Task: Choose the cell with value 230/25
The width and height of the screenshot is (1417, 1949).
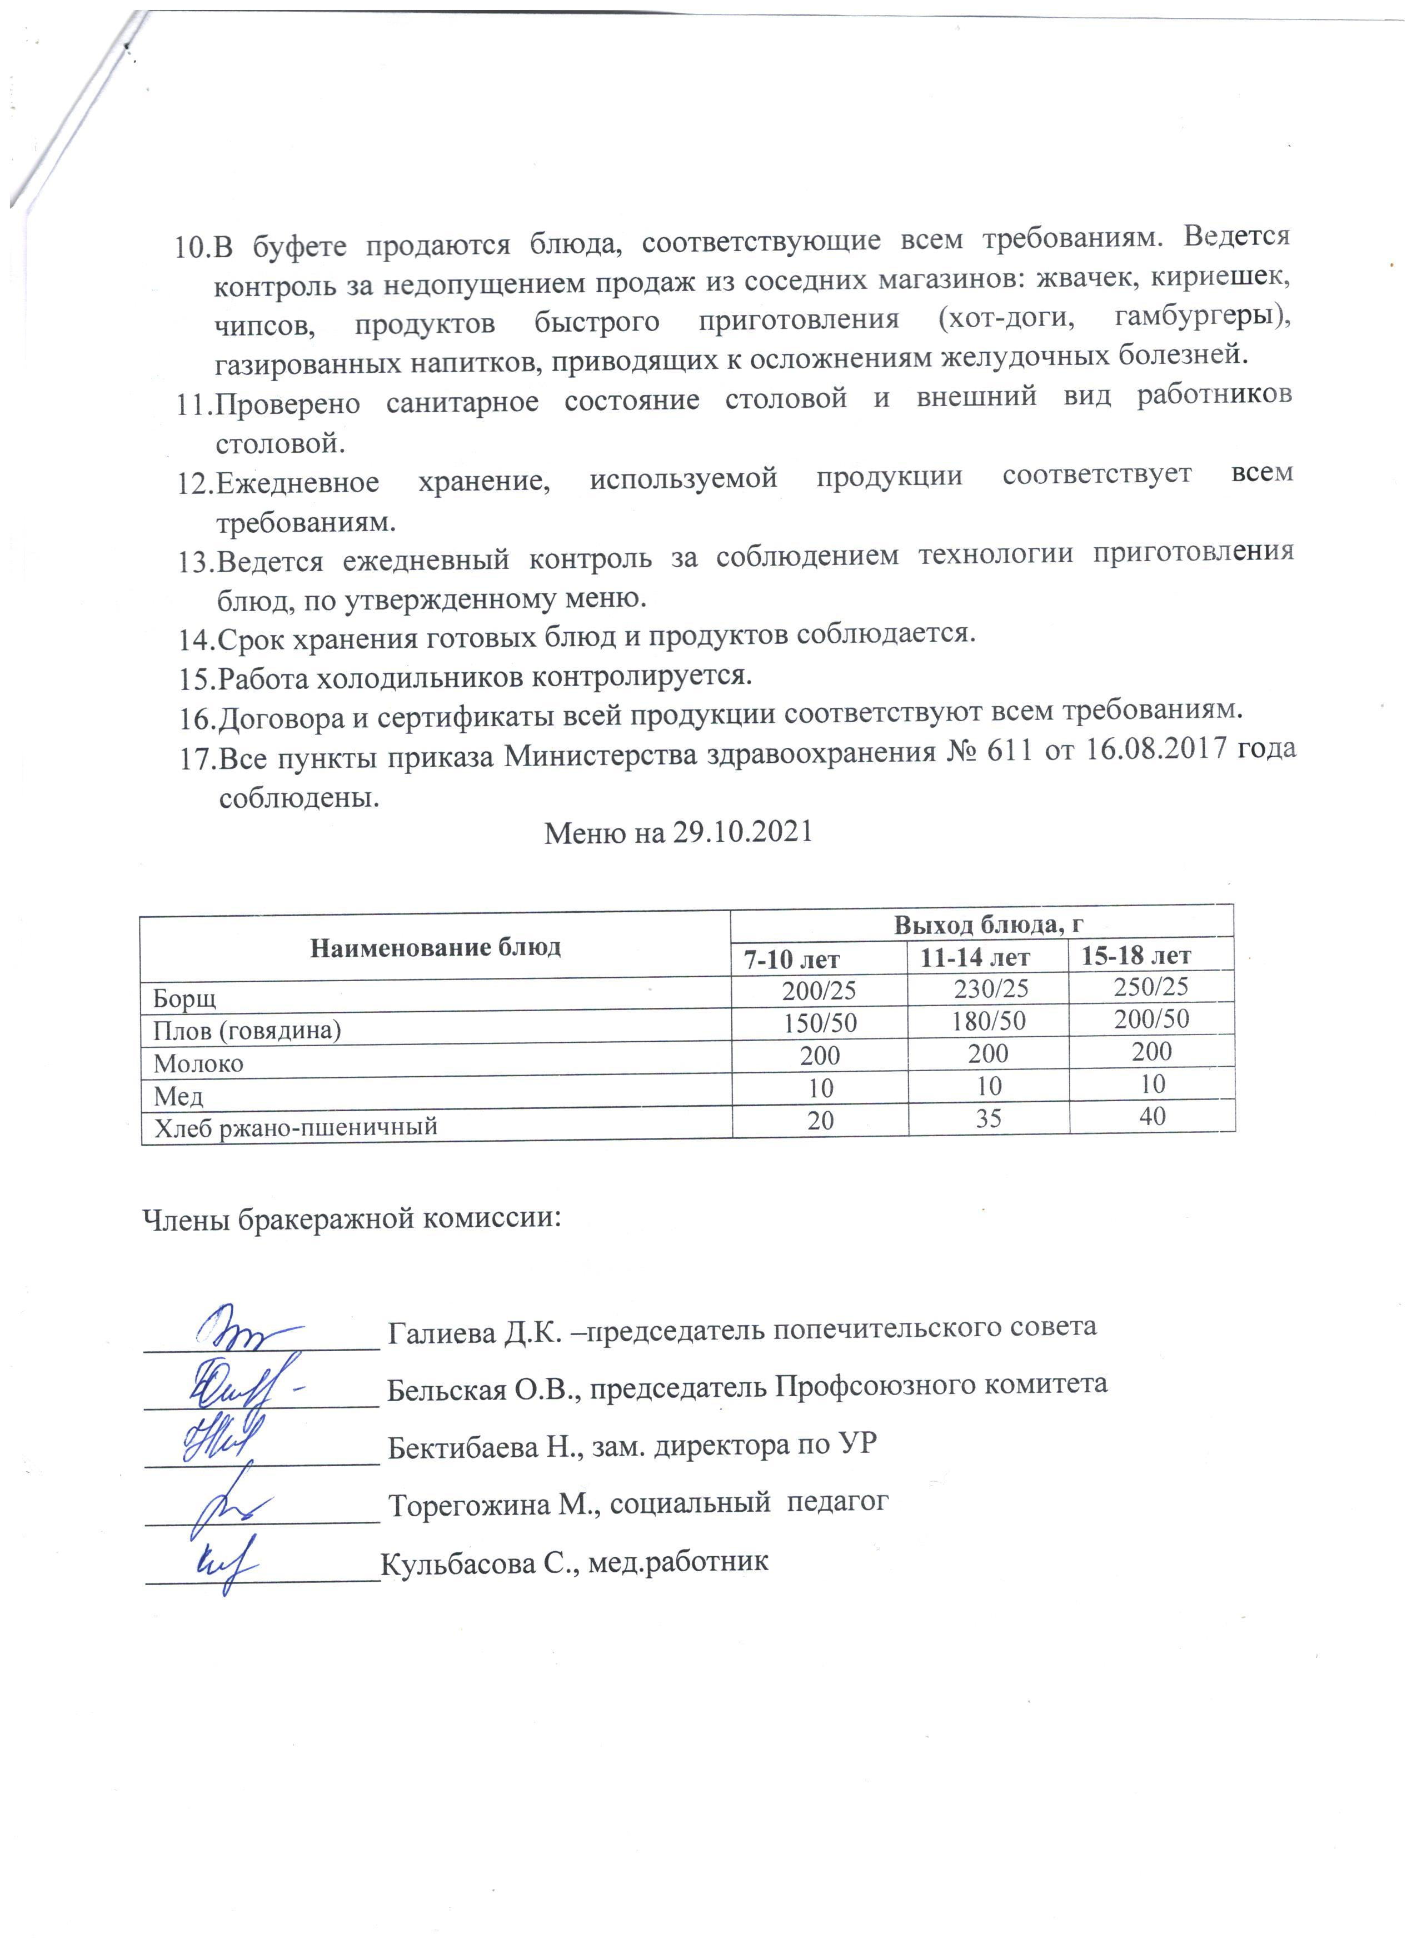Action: pyautogui.click(x=991, y=989)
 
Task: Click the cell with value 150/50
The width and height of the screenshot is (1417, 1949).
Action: pyautogui.click(x=820, y=1023)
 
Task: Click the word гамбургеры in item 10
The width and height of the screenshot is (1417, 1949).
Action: pyautogui.click(x=1202, y=317)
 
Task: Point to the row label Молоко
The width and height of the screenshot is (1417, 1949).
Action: pyautogui.click(x=198, y=1064)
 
